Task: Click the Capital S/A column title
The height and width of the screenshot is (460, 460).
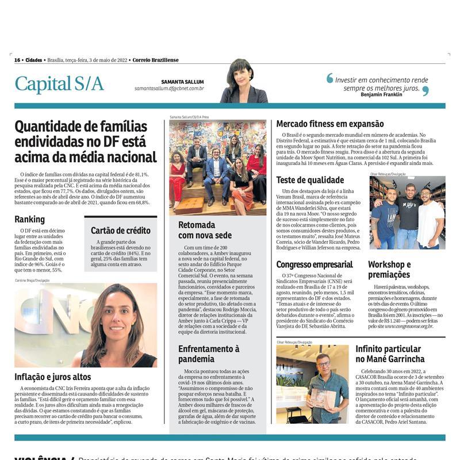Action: (59, 84)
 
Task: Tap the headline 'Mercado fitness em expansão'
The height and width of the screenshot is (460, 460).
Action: (329, 124)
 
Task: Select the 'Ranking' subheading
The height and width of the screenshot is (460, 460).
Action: (29, 219)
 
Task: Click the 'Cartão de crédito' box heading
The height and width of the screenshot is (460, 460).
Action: (120, 231)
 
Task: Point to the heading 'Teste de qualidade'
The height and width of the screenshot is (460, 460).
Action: (310, 179)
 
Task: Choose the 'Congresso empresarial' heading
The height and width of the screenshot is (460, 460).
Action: (314, 264)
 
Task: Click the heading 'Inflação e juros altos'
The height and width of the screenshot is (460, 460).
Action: (53, 377)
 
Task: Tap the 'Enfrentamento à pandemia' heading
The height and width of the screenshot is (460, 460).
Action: (209, 354)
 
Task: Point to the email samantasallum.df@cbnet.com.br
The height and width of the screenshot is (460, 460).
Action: (169, 89)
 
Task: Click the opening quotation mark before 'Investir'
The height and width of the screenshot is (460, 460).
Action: (329, 78)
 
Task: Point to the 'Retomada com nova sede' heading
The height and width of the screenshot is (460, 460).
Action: (205, 230)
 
